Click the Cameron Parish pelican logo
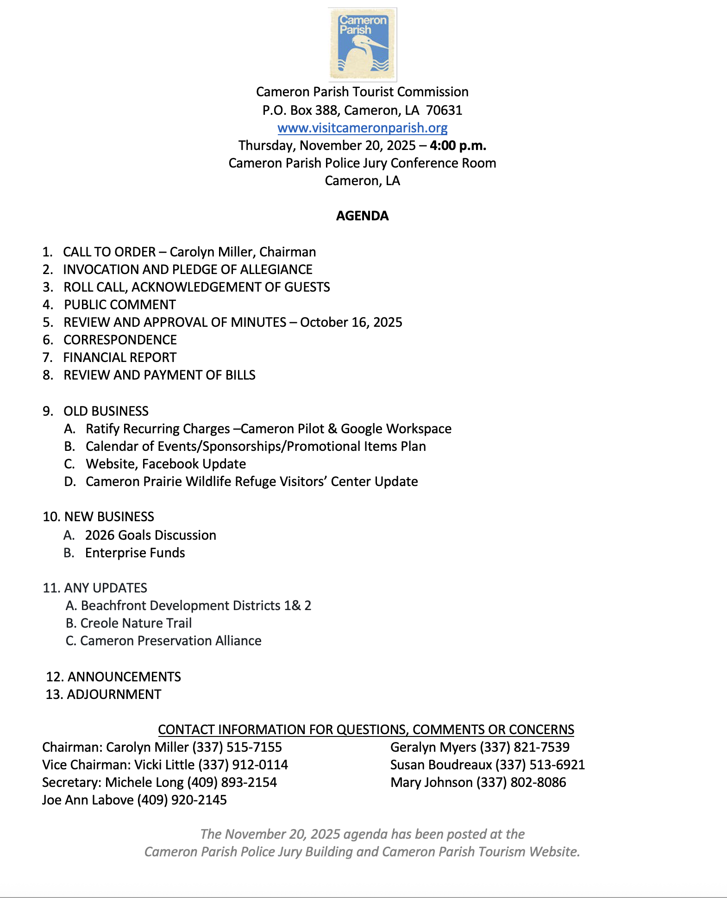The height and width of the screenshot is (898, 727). pos(363,44)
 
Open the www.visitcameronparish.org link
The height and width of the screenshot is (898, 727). pos(363,128)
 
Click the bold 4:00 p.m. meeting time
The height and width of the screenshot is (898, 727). pos(458,145)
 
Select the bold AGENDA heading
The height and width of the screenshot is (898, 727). pos(363,216)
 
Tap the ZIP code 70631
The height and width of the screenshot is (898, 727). pos(444,110)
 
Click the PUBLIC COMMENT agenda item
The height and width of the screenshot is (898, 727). pos(120,305)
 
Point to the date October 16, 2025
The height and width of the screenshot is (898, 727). pos(351,322)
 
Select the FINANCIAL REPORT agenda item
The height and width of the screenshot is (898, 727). pos(120,357)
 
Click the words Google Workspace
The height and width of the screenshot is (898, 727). pos(396,429)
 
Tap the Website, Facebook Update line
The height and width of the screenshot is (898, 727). pos(166,464)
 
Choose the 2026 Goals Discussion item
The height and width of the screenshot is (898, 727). pos(150,535)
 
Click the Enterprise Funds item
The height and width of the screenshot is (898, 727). pos(135,553)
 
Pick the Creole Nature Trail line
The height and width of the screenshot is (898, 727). pos(136,623)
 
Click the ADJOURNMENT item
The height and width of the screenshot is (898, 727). pos(114,694)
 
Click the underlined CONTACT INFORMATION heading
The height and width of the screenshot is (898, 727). pos(366,730)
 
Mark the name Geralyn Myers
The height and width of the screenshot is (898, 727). pos(433,747)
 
